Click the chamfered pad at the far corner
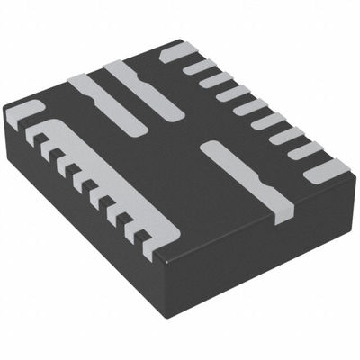tap(177, 51)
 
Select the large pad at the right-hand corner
tap(329, 169)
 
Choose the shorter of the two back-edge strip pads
tap(90, 95)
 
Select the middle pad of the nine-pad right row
tap(249, 107)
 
